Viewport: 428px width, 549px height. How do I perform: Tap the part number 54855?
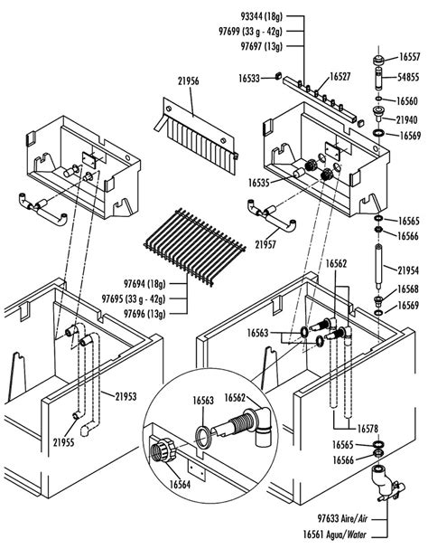(x=408, y=79)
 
